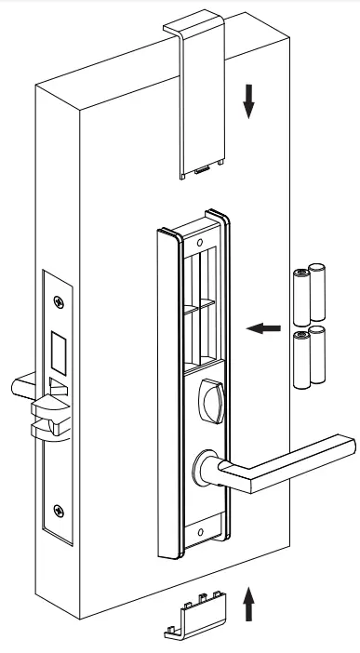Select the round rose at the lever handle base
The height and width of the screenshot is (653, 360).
coord(207,463)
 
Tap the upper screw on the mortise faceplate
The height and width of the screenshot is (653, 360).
coord(60,300)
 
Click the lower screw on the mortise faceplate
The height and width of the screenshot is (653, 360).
coord(60,509)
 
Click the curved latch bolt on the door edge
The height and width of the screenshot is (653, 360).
coord(48,410)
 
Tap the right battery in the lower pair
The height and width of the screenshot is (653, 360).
coord(318,359)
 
